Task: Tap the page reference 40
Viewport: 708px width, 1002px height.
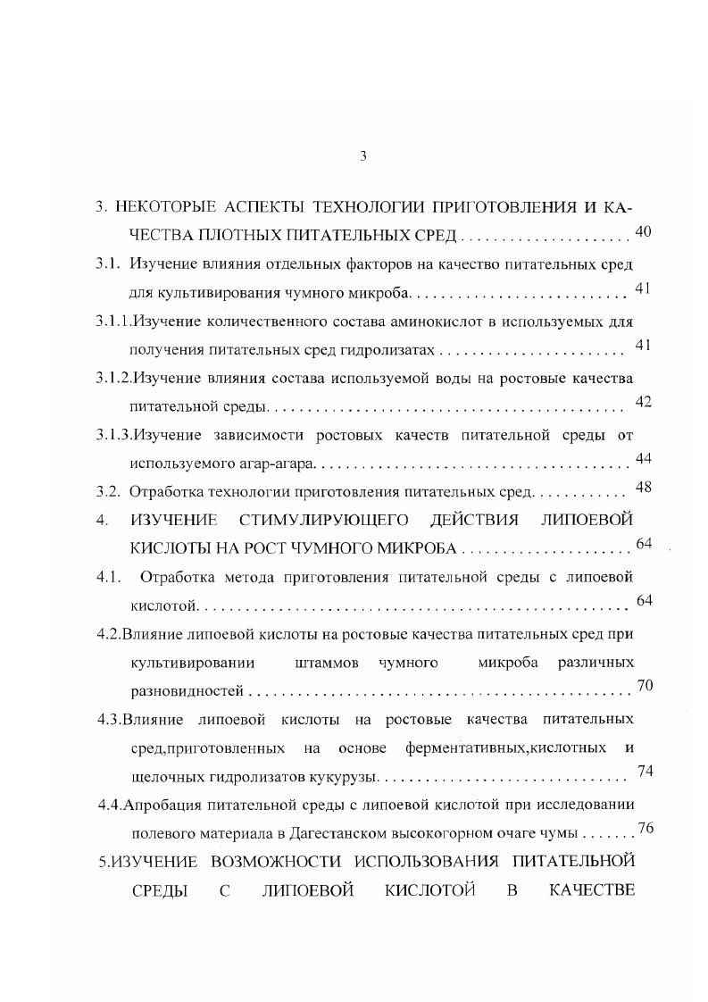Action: pos(643,232)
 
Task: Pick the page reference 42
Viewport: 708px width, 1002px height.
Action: pos(643,402)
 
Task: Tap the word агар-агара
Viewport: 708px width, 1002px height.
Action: pos(282,463)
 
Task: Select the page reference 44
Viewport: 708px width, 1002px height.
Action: pos(643,458)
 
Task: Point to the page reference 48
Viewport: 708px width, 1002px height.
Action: pos(643,487)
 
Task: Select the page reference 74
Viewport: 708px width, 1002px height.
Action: pos(646,772)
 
